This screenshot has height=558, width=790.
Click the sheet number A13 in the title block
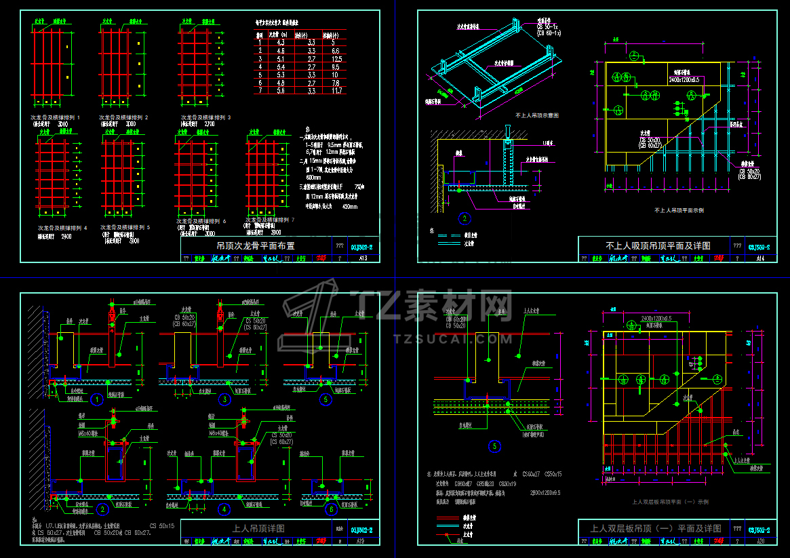point(363,258)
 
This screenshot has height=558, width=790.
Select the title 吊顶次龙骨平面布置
point(257,245)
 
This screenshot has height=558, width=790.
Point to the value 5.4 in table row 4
point(281,66)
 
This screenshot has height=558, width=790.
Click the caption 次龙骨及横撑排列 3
point(206,117)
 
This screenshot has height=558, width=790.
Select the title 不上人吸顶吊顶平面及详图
point(658,245)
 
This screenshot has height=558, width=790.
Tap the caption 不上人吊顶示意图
point(537,115)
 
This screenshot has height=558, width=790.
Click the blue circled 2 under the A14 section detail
point(464,218)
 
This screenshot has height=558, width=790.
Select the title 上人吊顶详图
point(258,528)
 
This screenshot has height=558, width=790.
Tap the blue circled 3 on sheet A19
point(224,399)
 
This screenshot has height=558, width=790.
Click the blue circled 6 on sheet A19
point(331,510)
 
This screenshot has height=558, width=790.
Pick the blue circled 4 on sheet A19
point(224,509)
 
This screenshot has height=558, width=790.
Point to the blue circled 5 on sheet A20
point(494,446)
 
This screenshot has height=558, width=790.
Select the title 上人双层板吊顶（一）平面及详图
point(656,528)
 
